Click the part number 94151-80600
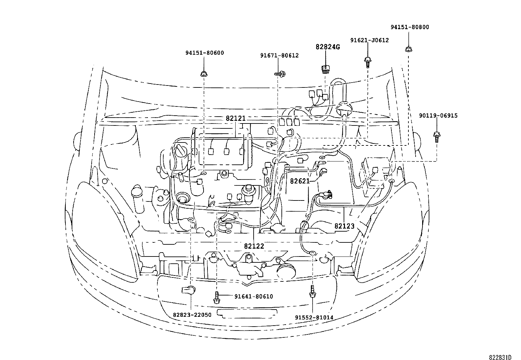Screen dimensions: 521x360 point(205,53)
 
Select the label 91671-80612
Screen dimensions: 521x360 point(279,56)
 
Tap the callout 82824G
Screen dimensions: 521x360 point(328,47)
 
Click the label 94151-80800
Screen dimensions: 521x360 point(410,27)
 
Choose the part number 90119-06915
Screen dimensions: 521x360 point(438,116)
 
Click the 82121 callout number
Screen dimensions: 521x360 point(236,118)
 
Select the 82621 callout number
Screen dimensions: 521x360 point(300,181)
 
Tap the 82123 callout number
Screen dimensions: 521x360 point(345,226)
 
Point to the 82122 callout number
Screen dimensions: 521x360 point(254,246)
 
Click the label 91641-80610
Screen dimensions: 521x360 point(254,296)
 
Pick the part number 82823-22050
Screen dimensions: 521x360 point(192,315)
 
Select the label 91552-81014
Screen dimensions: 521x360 point(314,317)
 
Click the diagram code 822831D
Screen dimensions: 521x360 point(500,357)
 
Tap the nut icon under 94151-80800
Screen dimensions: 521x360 point(409,49)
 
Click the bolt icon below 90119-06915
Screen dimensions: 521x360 point(437,137)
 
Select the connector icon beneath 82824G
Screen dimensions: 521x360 point(326,69)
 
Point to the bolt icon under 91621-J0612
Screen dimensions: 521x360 point(368,62)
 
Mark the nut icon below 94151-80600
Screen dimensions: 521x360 point(204,74)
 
